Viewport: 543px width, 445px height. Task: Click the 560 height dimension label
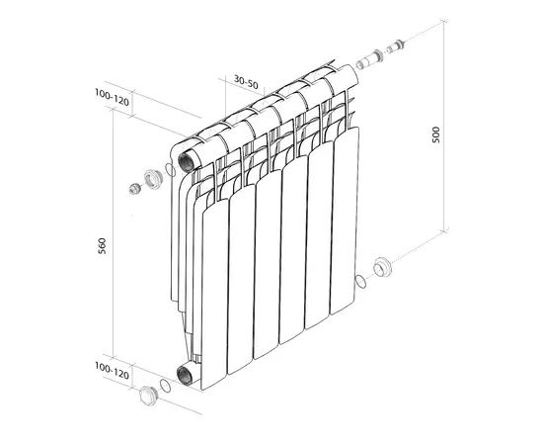102,246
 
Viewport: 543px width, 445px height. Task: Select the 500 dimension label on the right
435,134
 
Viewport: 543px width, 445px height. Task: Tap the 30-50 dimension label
246,82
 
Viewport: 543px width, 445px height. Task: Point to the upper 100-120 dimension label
112,97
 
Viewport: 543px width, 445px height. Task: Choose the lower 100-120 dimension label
112,371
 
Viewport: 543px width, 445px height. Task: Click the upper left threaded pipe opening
186,161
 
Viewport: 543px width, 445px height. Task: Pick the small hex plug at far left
134,189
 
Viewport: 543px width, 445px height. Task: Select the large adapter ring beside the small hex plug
153,179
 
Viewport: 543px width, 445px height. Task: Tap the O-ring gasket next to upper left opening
171,170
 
